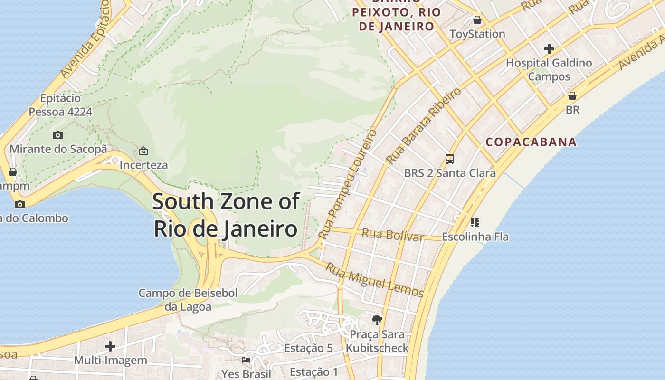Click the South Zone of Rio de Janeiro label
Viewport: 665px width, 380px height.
point(226,215)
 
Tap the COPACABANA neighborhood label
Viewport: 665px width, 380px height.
point(531,142)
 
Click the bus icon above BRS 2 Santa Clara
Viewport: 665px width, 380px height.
point(449,159)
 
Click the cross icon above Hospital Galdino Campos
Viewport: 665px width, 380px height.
point(549,48)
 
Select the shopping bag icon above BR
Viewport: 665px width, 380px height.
point(572,96)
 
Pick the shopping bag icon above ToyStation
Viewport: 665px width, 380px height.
point(477,20)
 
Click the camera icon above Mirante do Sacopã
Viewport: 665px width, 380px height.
point(58,135)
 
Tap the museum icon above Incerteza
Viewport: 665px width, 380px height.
point(143,151)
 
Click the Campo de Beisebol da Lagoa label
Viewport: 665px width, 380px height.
point(188,300)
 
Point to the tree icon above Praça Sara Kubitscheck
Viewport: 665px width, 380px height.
point(377,320)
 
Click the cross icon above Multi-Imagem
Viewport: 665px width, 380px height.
point(110,346)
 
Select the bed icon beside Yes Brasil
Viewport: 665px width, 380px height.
point(246,360)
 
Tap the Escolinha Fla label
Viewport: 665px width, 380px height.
point(475,237)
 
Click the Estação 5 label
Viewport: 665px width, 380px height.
point(308,348)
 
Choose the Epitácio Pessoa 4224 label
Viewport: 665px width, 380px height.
point(60,105)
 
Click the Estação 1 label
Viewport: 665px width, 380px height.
point(313,372)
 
